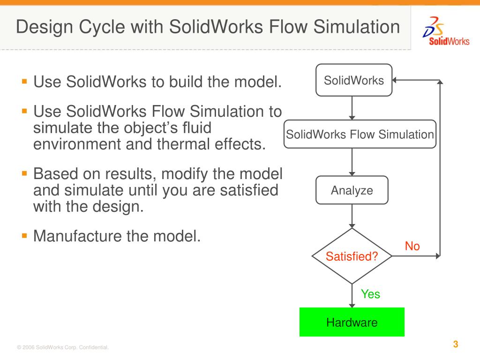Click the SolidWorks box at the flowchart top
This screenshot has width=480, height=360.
point(353,80)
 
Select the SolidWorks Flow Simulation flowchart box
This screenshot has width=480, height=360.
point(360,135)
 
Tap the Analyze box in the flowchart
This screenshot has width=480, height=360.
point(352,190)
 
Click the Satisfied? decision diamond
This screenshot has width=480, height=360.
point(352,256)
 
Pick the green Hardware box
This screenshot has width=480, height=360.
point(352,322)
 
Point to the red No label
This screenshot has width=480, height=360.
point(412,246)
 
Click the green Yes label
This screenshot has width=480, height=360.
point(370,294)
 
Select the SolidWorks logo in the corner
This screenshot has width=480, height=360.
point(445,31)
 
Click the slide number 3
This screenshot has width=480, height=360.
point(455,345)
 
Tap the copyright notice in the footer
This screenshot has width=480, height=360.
point(63,347)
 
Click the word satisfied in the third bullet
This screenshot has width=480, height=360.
point(243,191)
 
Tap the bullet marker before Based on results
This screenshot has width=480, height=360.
point(24,173)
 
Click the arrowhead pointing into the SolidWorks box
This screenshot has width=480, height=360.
point(395,80)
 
